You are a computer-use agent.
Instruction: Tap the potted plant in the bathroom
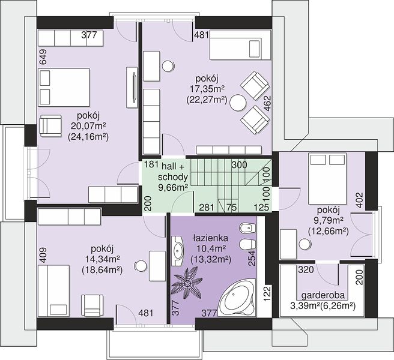coord(187,283)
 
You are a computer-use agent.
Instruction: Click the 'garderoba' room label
coord(323,295)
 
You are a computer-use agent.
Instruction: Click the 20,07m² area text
coord(88,126)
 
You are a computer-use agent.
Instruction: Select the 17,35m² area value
coord(207,89)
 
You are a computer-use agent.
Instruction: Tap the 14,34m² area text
coord(102,259)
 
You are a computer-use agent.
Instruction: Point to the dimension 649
coord(43,57)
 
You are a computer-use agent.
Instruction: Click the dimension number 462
coord(268,103)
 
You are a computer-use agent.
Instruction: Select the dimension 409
coord(43,256)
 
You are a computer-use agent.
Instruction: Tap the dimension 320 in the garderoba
coord(306,269)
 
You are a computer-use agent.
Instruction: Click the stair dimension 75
coord(231,208)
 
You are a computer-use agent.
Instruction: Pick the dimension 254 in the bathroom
coord(252,259)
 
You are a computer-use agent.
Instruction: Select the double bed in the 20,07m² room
coord(64,87)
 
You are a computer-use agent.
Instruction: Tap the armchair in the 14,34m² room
coord(92,305)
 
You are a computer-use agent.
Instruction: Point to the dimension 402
coord(360,200)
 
